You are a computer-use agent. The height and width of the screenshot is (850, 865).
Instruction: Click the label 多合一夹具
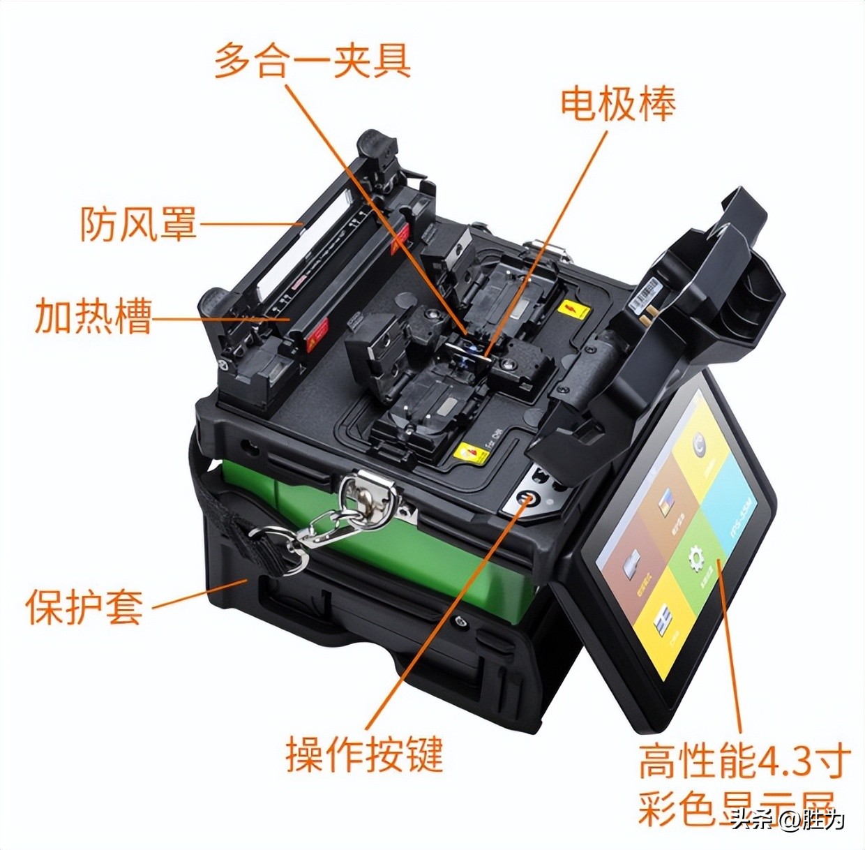312,60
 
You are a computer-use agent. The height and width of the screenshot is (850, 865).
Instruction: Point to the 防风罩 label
138,223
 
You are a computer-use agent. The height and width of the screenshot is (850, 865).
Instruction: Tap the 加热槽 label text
93,316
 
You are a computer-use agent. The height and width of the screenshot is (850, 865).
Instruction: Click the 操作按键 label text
364,754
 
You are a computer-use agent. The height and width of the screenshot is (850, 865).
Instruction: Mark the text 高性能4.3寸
744,761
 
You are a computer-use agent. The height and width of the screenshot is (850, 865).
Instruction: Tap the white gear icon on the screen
695,559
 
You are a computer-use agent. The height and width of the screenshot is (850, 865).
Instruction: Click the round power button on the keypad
527,499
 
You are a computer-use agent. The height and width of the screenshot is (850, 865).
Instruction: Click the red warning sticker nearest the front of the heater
317,334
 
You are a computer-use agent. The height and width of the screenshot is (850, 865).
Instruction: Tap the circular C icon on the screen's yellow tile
698,446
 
